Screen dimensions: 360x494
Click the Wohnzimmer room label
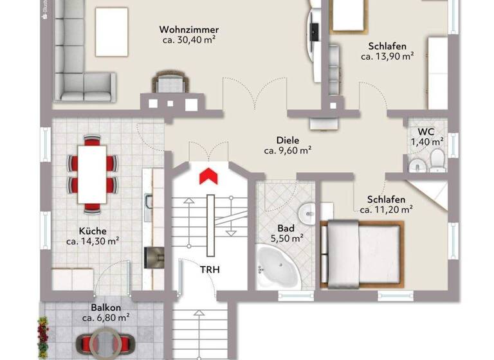click(x=189, y=30)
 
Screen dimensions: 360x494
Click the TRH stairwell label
click(x=210, y=270)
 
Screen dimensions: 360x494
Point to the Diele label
click(x=288, y=140)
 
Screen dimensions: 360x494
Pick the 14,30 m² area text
click(x=93, y=242)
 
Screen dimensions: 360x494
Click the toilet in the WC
click(x=437, y=159)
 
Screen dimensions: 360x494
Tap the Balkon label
click(x=105, y=307)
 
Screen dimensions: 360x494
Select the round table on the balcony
click(x=105, y=341)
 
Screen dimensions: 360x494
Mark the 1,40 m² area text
click(x=427, y=141)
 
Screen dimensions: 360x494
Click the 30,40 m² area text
click(x=189, y=40)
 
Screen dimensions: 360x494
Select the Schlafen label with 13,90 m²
click(x=387, y=46)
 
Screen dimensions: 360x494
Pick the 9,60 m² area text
click(x=288, y=150)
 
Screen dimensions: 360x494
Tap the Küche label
click(x=93, y=231)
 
